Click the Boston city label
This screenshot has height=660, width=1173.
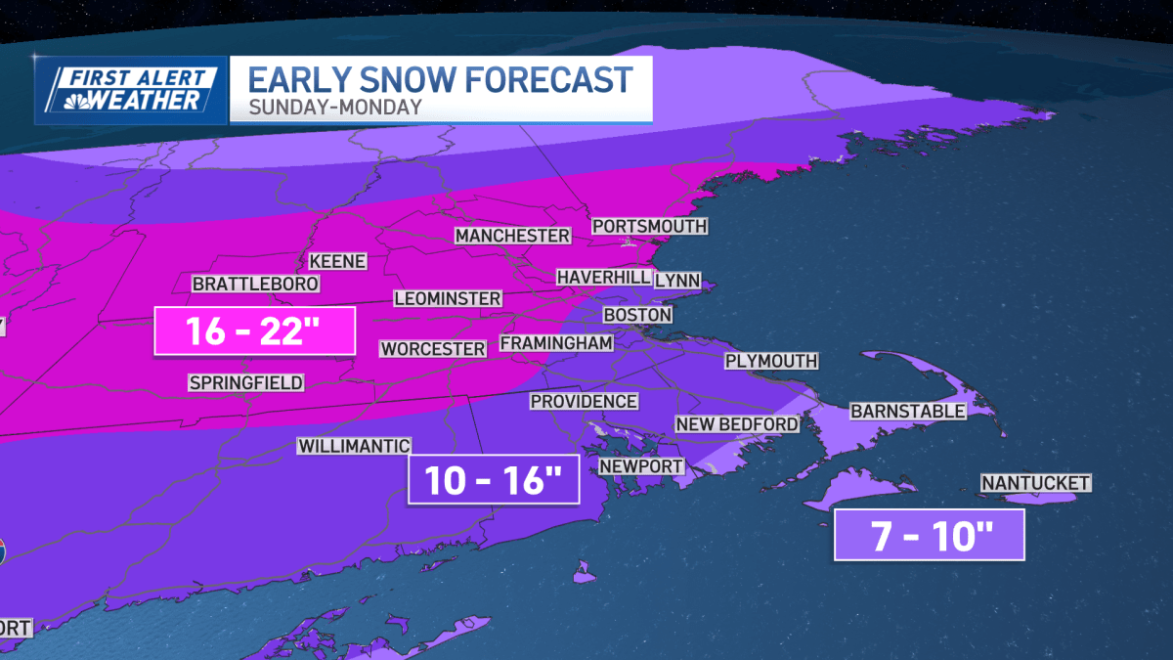tap(637, 315)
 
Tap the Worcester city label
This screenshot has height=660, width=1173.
tap(433, 349)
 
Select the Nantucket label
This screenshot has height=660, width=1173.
tap(1035, 483)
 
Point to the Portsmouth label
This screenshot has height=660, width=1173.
tap(649, 226)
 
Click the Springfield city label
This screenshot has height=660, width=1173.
tap(247, 382)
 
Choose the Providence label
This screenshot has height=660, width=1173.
tap(584, 401)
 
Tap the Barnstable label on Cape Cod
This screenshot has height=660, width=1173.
tap(907, 412)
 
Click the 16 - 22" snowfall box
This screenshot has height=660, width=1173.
tap(254, 330)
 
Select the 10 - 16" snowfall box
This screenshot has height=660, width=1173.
tap(494, 479)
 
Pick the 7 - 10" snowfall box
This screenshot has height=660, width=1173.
tap(929, 537)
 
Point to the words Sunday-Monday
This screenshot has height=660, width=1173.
tap(335, 108)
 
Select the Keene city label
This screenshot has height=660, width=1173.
tap(337, 261)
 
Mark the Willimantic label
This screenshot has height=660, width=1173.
tap(354, 446)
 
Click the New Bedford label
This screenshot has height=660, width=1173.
tap(737, 423)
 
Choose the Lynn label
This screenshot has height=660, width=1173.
tap(677, 281)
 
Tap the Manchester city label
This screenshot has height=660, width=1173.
tap(512, 236)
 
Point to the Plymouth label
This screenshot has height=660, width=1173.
tap(770, 361)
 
